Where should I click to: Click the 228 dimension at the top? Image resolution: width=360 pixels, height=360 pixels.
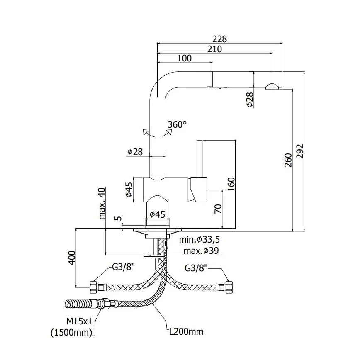[x=219, y=39]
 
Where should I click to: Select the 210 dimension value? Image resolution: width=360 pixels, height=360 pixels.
[x=214, y=49]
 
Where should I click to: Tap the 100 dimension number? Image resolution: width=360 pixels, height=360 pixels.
[x=184, y=58]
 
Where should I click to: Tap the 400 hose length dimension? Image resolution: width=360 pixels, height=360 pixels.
[x=71, y=258]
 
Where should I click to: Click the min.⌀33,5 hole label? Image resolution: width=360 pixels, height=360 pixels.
[x=199, y=240]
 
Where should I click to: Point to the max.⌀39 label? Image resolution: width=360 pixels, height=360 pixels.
[x=201, y=251]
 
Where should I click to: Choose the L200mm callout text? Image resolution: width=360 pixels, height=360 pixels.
[x=186, y=331]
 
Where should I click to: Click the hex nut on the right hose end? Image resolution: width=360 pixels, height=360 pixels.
[x=228, y=286]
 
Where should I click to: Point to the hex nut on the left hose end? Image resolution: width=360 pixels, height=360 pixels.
[x=94, y=287]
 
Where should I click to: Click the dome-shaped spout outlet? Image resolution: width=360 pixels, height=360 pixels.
[x=272, y=86]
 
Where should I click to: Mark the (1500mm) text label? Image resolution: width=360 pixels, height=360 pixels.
[x=73, y=332]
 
